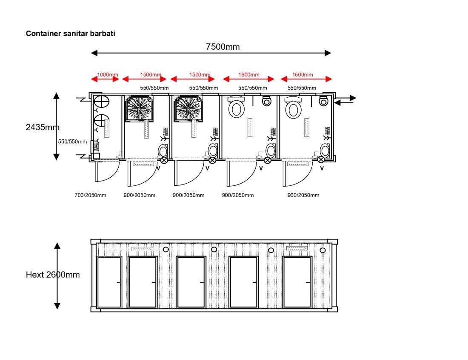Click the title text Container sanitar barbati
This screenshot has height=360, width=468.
coord(71,34)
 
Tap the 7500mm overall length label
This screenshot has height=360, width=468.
coord(223,47)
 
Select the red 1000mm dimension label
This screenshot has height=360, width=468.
coord(108,74)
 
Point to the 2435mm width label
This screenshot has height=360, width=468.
coord(43,128)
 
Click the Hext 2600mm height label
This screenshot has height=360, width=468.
coord(53,275)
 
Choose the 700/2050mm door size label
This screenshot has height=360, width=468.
coord(91,196)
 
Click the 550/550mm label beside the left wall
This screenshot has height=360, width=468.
coord(72,142)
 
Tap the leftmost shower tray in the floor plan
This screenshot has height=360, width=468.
coord(139,108)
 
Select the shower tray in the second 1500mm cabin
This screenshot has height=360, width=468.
coord(188,108)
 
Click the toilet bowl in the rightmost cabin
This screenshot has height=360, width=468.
coord(294,108)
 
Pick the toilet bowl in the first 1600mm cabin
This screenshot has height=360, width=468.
coord(237,108)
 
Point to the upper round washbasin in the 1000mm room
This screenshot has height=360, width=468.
coord(102,102)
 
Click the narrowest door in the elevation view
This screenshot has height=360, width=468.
coord(109,282)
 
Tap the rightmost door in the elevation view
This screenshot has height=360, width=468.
coord(297,282)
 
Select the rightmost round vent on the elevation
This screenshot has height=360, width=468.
coord(322,250)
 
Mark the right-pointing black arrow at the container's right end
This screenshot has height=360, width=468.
coord(346,98)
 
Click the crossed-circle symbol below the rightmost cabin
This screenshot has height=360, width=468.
coord(321,159)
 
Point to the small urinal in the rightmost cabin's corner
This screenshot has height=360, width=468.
coord(323,101)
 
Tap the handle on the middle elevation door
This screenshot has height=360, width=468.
coord(202,282)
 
